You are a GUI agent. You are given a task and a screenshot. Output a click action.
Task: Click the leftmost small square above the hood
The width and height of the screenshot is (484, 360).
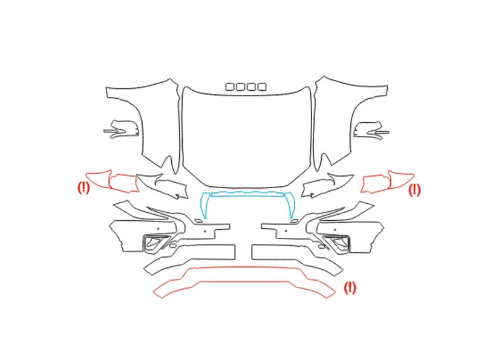point(230,87)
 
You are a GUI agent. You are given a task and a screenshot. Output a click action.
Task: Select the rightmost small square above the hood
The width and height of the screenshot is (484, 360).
point(262,87)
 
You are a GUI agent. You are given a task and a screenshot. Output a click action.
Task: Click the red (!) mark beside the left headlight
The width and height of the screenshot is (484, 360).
point(83,188)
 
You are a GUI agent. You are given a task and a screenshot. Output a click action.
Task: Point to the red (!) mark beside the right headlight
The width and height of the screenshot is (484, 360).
point(414,190)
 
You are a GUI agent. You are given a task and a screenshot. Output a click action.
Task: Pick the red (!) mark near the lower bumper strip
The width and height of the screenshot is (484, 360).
point(350,287)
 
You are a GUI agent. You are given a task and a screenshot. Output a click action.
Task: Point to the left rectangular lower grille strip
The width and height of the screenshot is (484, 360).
point(235,252)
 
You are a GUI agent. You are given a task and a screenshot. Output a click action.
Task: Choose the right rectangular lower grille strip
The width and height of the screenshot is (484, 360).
point(252,252)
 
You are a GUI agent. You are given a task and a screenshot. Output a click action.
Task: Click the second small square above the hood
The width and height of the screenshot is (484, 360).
point(240,87)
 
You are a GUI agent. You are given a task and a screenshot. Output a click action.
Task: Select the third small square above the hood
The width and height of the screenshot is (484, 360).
point(251,87)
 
